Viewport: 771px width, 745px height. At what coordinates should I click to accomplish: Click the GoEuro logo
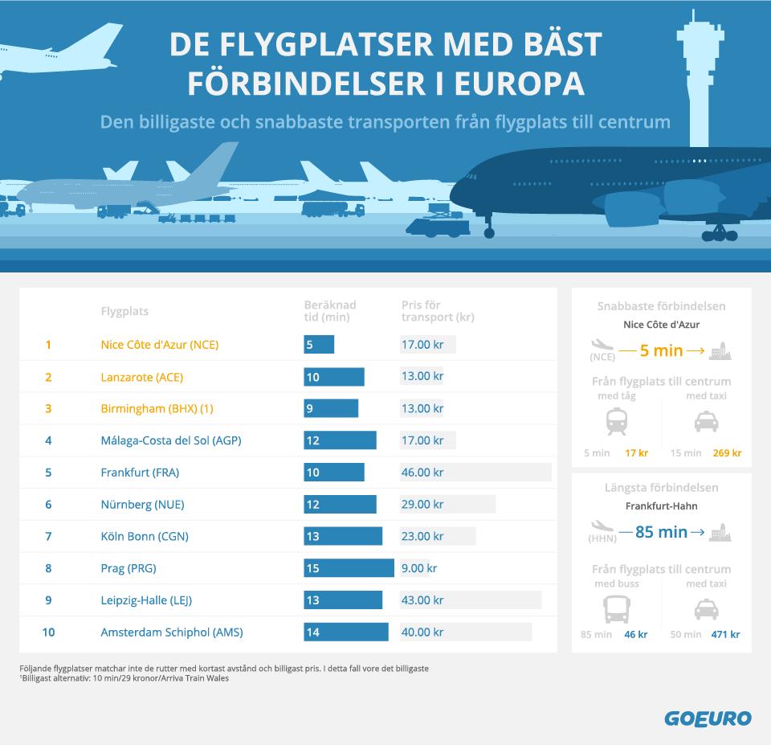[708, 718]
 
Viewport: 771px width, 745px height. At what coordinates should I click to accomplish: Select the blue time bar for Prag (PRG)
[349, 568]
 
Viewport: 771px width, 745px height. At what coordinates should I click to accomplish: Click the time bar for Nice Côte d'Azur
[319, 345]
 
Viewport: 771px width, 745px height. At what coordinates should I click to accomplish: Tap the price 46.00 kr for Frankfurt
[422, 473]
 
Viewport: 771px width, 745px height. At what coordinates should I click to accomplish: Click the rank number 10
[48, 632]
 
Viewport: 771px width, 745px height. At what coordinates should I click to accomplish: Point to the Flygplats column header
[124, 312]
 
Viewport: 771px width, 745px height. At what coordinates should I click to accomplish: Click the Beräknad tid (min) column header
[330, 311]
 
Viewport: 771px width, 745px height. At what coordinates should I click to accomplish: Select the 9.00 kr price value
[419, 568]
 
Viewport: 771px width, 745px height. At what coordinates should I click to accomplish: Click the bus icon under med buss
[617, 608]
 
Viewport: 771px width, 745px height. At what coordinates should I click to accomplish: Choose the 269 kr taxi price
[726, 453]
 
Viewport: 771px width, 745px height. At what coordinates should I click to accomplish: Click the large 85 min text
[661, 532]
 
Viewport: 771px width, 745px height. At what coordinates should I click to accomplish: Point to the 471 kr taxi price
[725, 635]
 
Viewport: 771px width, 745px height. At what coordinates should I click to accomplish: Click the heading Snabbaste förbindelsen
[661, 306]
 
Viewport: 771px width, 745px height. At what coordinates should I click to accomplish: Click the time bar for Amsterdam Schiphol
[345, 632]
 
